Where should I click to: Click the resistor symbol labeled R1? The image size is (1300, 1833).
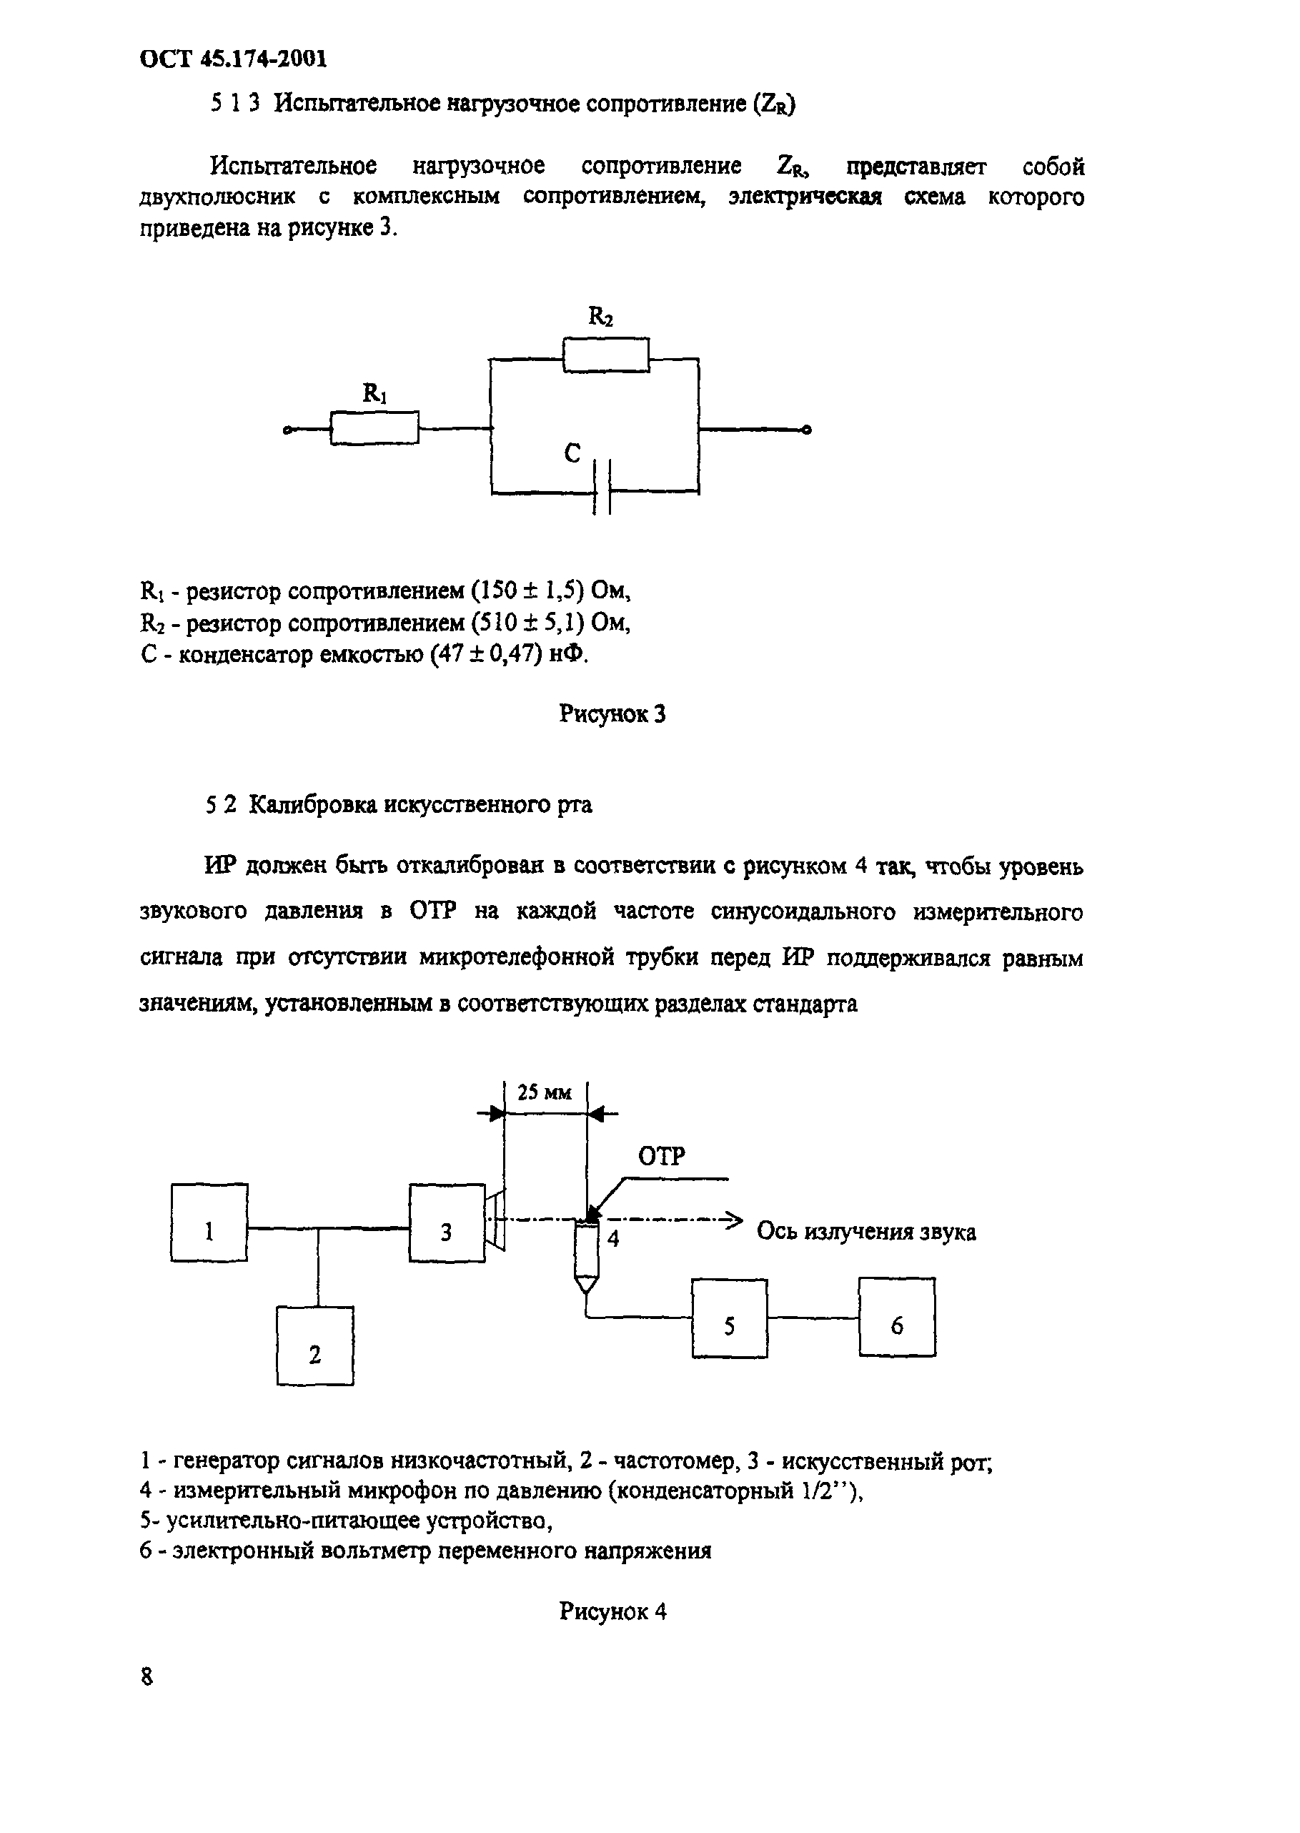coord(374,428)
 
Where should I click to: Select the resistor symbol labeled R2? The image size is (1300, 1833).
coord(606,355)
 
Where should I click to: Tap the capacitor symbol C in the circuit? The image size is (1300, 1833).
coord(602,487)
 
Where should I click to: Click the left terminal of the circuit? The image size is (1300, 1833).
coord(287,431)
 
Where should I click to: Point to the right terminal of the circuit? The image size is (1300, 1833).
coord(807,430)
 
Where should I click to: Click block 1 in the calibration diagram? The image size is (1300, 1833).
coord(209,1222)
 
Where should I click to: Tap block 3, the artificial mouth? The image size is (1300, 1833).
coord(447,1222)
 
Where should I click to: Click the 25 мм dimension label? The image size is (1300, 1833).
coord(545,1092)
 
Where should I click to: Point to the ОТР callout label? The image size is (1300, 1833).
coord(661,1155)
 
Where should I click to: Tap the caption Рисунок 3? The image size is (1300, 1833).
coord(612,713)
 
